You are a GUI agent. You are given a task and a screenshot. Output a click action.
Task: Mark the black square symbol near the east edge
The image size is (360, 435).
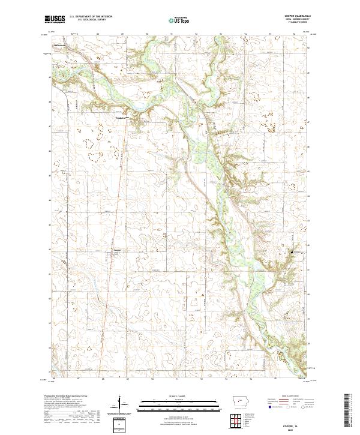coord(292,253)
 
